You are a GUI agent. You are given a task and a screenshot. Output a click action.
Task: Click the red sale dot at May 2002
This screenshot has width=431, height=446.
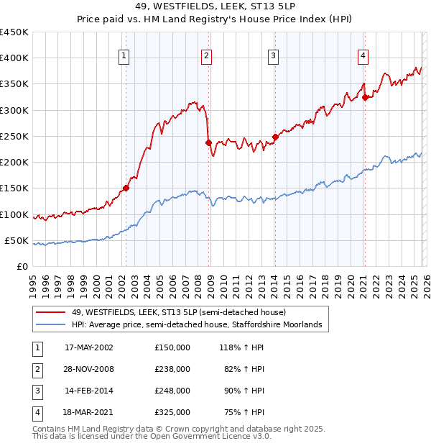tap(126, 188)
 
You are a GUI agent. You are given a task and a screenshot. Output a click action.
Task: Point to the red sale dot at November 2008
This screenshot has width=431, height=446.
tap(208, 142)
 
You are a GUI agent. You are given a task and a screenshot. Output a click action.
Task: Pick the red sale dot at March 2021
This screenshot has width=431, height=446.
tap(365, 97)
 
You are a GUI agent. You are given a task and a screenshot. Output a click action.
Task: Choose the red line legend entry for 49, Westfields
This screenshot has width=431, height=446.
tap(179, 312)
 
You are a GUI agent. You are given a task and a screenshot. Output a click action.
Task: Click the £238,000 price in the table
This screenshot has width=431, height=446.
tap(172, 368)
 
